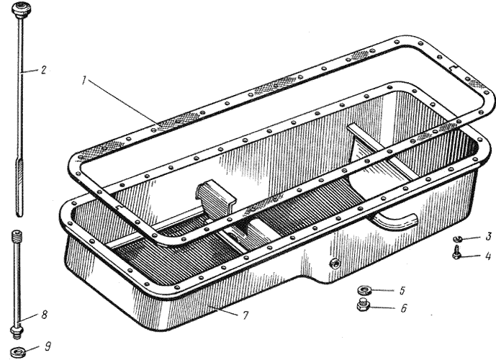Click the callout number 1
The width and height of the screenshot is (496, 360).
click(x=84, y=81)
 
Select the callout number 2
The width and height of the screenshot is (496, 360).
click(x=43, y=69)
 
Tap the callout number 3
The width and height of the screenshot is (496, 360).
click(x=488, y=236)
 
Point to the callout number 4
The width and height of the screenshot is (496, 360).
click(x=488, y=256)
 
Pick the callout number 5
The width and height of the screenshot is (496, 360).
click(x=402, y=290)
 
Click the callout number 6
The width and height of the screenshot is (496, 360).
click(x=404, y=308)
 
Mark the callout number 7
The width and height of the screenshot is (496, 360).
click(x=245, y=315)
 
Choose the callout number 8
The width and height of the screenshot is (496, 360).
click(x=45, y=315)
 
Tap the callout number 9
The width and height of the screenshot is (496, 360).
click(x=48, y=346)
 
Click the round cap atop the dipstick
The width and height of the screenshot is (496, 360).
click(x=19, y=8)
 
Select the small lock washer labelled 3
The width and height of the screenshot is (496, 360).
click(x=457, y=239)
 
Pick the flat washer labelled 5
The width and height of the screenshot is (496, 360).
click(x=364, y=289)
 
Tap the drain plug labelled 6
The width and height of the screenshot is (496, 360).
click(x=363, y=305)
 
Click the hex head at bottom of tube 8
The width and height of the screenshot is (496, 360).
click(x=16, y=330)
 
